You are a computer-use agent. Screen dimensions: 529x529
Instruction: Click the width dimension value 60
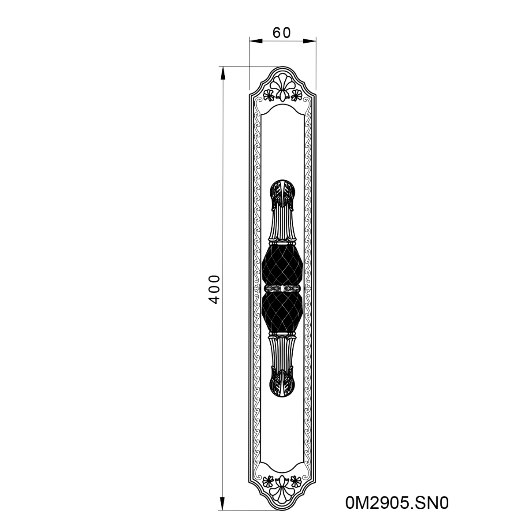[x=281, y=33]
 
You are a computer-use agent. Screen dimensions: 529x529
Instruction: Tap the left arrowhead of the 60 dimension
[x=256, y=41]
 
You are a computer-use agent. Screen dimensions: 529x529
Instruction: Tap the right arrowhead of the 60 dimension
[x=309, y=41]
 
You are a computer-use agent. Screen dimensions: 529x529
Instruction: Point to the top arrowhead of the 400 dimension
[x=223, y=73]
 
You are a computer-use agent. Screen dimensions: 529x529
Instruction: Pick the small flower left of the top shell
[x=269, y=95]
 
